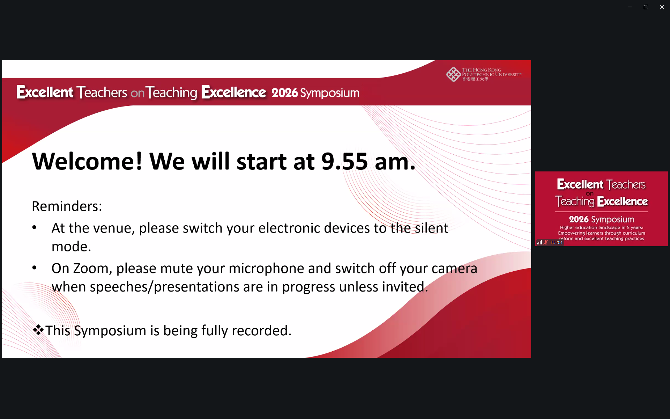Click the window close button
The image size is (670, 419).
662,7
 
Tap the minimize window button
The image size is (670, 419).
630,7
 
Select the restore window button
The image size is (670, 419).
646,7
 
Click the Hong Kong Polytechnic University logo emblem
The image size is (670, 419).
453,74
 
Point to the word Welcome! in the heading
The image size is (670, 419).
87,161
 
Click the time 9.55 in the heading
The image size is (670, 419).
344,161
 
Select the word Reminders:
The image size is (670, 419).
67,206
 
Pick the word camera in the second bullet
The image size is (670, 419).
454,269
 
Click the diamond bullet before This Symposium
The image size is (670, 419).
38,330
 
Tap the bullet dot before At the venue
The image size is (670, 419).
34,228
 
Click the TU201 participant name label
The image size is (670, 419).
556,242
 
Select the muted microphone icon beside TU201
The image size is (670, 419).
546,242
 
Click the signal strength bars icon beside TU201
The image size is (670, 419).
539,242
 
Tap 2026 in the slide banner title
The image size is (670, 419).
285,93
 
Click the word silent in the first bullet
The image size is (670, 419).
431,228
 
